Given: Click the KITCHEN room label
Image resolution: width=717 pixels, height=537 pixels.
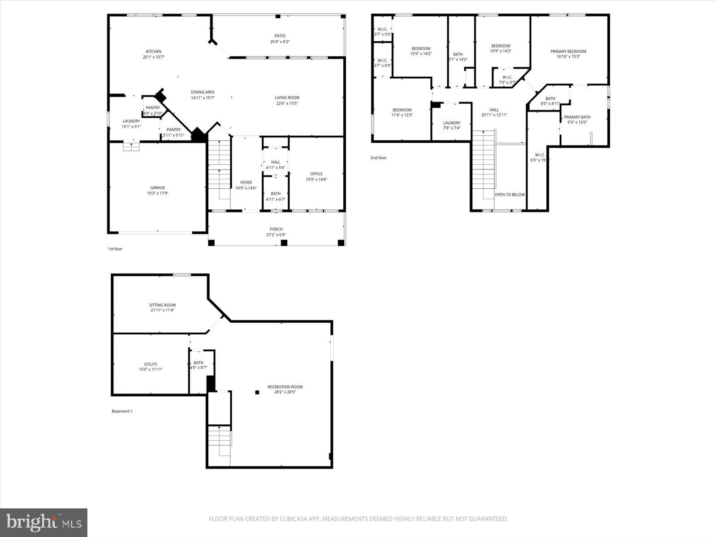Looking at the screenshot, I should point(153,51).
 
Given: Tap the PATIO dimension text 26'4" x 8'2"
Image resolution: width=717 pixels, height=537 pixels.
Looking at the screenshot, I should point(280,42).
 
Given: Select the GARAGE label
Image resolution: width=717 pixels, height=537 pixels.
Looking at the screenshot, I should point(157,188).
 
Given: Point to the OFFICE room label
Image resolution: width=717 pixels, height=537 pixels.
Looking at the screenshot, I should point(316,174).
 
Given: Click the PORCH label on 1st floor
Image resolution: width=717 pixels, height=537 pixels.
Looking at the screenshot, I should point(276,229).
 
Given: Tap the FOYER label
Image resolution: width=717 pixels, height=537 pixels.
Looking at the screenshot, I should point(246,183).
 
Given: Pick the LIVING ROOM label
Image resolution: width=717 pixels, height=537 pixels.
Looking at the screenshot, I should point(287,98).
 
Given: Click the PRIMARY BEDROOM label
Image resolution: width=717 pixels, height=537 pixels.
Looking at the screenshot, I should point(568,51).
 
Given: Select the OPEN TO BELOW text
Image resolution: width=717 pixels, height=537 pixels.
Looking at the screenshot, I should point(510,195).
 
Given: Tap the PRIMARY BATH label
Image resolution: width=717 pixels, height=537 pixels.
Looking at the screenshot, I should point(577,117).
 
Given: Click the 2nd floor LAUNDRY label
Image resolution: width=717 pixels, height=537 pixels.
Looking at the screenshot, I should point(452,123).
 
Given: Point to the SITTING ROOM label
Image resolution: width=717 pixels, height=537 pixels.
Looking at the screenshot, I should point(162,305).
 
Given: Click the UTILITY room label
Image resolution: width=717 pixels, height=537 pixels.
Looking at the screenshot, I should point(151,364).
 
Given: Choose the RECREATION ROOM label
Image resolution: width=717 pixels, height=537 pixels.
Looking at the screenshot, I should point(285,387).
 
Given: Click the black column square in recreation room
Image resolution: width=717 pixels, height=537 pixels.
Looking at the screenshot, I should point(257,392).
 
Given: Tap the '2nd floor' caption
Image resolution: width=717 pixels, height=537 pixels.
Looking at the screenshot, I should point(378,158).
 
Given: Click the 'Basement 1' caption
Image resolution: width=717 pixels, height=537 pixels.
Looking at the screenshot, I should point(122,411).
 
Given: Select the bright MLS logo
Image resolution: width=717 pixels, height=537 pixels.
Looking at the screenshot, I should point(44,522).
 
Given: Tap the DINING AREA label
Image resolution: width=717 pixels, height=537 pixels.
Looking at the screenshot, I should point(203,92).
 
